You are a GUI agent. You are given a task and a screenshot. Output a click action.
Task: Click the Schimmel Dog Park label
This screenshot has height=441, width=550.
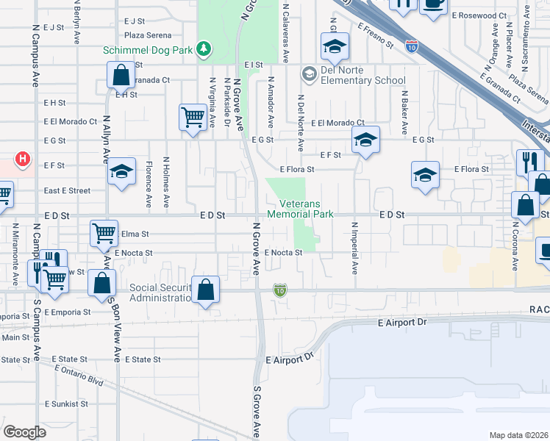(148, 50)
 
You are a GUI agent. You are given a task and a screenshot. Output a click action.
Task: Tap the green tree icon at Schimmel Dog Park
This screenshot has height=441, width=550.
(203, 50)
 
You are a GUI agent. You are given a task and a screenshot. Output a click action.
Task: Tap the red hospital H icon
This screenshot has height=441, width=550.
(24, 158)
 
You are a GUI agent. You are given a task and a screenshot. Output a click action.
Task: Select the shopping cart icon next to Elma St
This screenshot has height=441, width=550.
(104, 233)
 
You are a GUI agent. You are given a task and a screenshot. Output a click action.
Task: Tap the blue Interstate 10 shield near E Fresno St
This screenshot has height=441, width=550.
(412, 46)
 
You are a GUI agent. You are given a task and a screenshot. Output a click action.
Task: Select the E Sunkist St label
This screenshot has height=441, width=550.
(66, 404)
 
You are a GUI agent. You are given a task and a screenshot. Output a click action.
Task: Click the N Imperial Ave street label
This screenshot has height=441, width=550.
(354, 248)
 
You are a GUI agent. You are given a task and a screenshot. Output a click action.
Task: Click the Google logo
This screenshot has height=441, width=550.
(24, 432)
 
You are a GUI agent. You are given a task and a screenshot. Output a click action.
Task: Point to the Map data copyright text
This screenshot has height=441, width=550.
(519, 435)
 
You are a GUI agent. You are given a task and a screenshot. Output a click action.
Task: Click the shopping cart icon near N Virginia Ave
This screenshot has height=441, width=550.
(192, 117)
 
